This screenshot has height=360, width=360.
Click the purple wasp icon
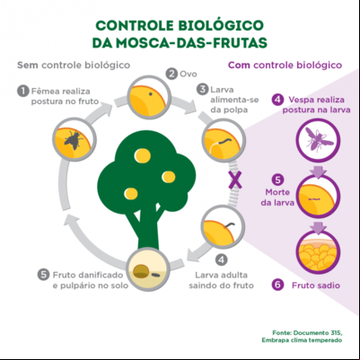(x=319, y=139)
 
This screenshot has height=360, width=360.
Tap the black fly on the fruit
(x=74, y=139)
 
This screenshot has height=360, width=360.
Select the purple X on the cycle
(x=235, y=180)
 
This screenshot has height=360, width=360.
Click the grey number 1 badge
(x=23, y=91)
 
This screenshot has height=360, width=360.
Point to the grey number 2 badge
(x=171, y=74)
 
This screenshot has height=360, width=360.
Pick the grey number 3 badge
(x=203, y=89)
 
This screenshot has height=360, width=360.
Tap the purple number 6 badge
(x=278, y=285)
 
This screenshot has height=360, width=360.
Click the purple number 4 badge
(x=278, y=100)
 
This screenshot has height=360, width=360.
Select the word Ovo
(x=189, y=74)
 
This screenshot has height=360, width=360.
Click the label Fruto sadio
(x=316, y=285)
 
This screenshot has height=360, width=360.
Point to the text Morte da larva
(x=277, y=198)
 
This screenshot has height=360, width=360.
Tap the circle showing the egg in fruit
(x=149, y=97)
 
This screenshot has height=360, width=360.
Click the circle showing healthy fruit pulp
(x=318, y=252)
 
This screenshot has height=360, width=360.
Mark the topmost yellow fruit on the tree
(x=143, y=156)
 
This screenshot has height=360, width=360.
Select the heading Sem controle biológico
(x=74, y=65)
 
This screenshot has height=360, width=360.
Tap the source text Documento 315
(x=318, y=333)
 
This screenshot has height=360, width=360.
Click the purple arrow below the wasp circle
(x=318, y=171)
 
